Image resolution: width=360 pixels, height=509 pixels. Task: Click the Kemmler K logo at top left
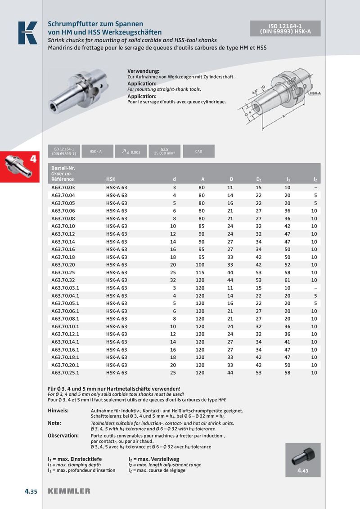tap(27, 33)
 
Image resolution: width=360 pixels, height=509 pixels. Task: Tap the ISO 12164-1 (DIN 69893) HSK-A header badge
tap(285, 29)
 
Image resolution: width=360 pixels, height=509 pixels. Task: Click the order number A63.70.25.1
tap(66, 373)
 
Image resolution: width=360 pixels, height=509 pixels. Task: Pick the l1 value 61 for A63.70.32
tap(288, 280)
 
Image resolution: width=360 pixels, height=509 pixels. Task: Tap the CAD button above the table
tap(198, 152)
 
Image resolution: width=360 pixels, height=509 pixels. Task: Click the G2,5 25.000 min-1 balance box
tap(164, 152)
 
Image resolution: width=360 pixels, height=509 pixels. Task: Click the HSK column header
tap(111, 179)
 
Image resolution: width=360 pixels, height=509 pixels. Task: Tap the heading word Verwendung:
tap(144, 71)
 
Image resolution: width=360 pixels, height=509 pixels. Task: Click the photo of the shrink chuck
tap(80, 92)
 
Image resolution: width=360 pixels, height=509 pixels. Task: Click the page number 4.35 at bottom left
tap(31, 491)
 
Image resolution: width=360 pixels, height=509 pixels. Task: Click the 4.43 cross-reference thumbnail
tap(302, 459)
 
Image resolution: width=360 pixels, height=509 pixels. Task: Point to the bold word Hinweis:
tap(58, 411)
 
